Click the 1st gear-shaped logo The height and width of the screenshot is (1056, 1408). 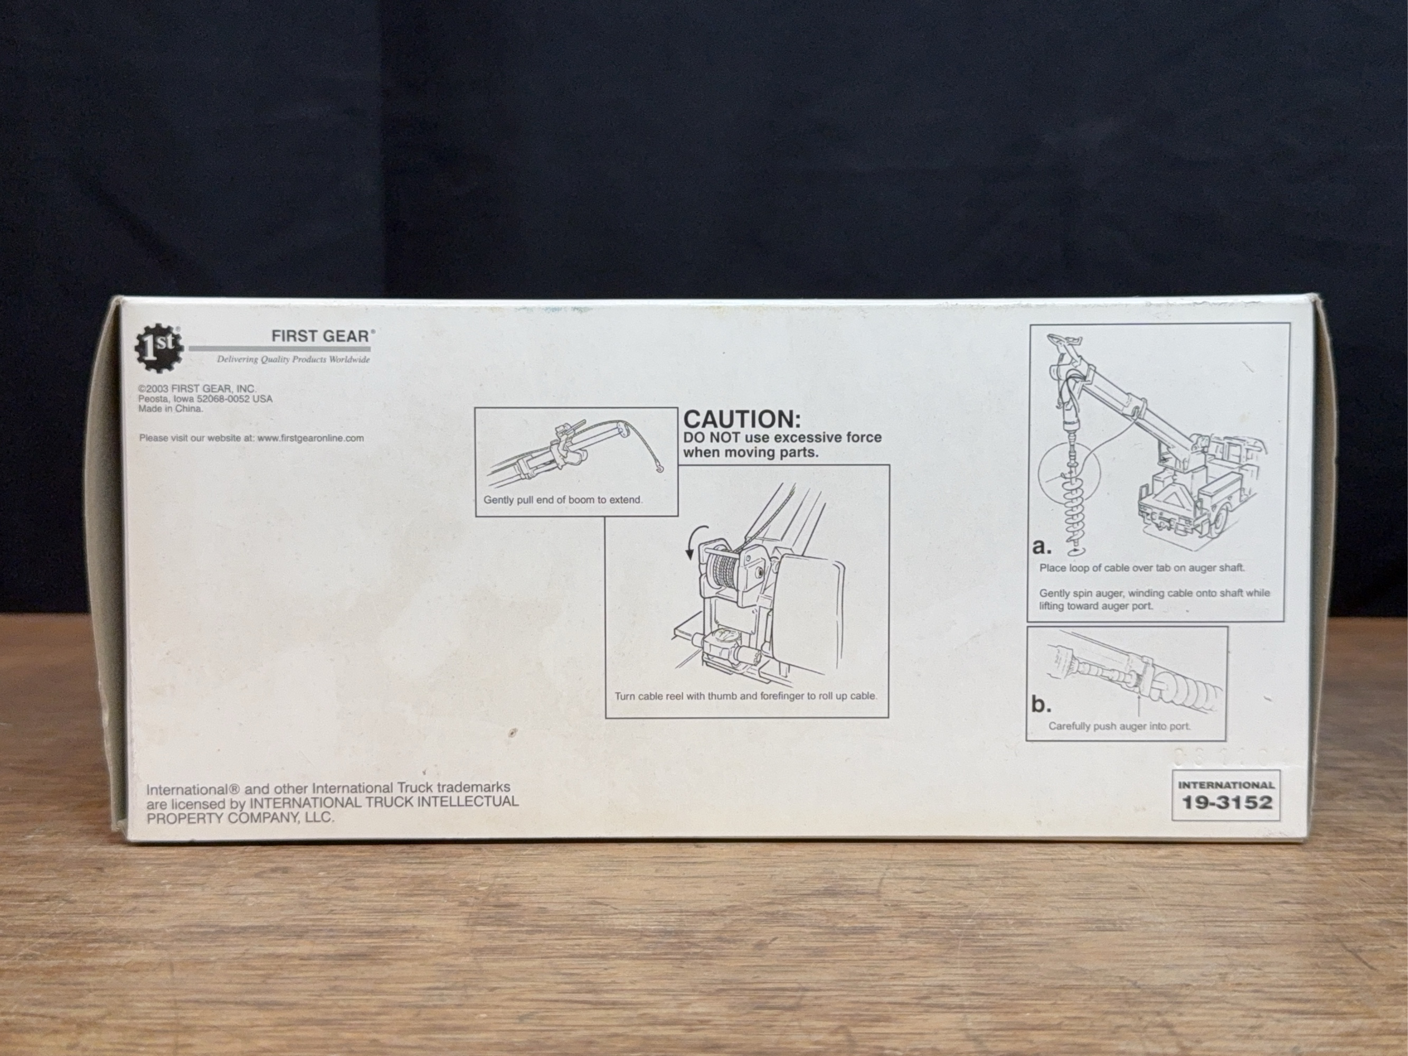coord(158,347)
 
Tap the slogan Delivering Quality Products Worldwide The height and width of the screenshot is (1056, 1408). coord(293,360)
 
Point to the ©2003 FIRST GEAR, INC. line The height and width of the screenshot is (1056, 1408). coord(197,388)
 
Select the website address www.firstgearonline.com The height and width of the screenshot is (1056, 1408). coord(310,438)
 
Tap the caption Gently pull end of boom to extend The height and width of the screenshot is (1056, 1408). coord(563,499)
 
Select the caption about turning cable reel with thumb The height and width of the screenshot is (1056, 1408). coord(746,696)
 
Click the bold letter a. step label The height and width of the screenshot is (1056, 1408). coord(1042,546)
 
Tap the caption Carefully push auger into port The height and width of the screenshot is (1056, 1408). coord(1120,725)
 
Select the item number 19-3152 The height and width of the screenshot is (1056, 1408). coord(1226,802)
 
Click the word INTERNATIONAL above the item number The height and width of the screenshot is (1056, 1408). coord(1226,785)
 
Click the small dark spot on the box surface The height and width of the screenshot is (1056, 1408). coord(511,733)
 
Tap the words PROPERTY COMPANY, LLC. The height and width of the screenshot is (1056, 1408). coord(240,817)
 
